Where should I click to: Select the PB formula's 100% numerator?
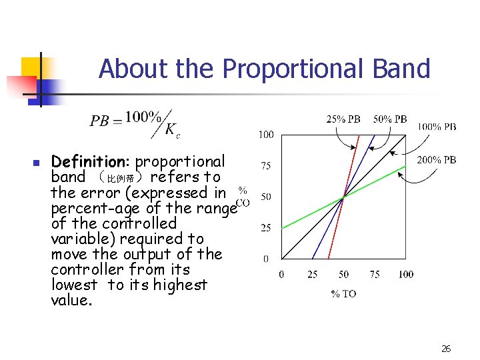pyautogui.click(x=142, y=117)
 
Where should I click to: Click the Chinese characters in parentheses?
pyautogui.click(x=123, y=179)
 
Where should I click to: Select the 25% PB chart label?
pyautogui.click(x=343, y=119)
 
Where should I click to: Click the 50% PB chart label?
pyautogui.click(x=390, y=119)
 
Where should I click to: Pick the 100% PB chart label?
pyautogui.click(x=437, y=126)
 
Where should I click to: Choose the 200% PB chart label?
pyautogui.click(x=437, y=160)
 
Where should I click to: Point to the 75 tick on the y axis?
pyautogui.click(x=265, y=166)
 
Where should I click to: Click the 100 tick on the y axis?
pyautogui.click(x=265, y=135)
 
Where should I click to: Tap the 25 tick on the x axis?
pyautogui.click(x=312, y=274)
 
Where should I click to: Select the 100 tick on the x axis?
pyautogui.click(x=405, y=274)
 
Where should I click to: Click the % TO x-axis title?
pyautogui.click(x=343, y=294)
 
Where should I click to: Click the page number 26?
pyautogui.click(x=446, y=349)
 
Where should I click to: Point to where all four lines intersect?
pyautogui.click(x=343, y=197)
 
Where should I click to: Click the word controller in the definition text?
pyautogui.click(x=87, y=269)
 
